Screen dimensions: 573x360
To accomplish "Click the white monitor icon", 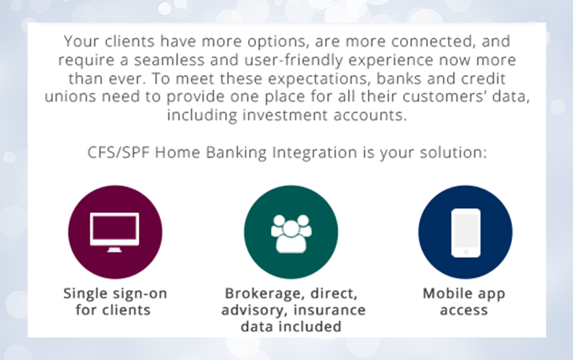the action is [x=114, y=232].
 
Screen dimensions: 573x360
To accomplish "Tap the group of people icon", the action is [x=291, y=233].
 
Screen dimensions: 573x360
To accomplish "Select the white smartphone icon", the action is [x=466, y=233].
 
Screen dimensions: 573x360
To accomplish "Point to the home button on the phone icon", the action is [x=466, y=252].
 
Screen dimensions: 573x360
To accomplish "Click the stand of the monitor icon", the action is [x=114, y=249].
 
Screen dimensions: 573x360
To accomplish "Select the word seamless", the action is [x=169, y=60].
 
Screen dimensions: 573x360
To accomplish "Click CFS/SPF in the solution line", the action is [x=119, y=153].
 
